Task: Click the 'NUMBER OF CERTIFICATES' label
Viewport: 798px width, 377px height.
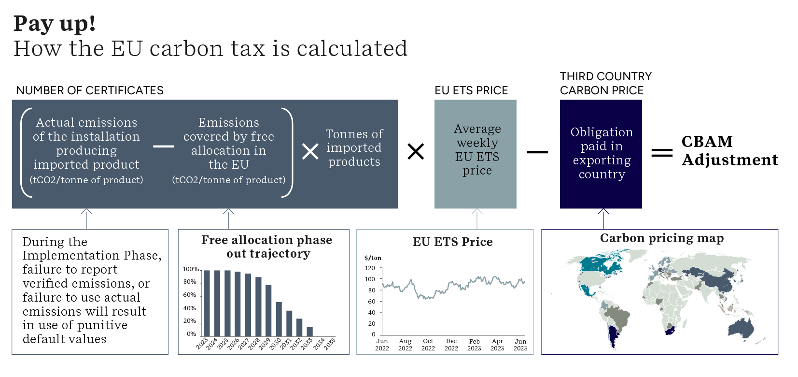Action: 90,90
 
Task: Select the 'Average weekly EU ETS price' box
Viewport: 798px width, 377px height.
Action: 476,154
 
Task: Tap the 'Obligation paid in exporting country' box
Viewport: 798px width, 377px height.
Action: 601,154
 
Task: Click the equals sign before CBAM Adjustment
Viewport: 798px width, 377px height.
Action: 662,153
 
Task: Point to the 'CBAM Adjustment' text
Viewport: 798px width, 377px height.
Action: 729,151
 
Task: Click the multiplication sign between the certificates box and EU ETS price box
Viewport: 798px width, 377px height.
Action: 416,151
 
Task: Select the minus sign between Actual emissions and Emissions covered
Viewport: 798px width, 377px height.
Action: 164,146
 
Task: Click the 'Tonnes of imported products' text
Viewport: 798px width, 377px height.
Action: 354,148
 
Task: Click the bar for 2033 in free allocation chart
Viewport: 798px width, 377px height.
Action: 310,332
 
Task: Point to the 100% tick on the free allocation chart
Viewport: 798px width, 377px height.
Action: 191,269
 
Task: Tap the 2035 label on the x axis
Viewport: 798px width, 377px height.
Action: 330,344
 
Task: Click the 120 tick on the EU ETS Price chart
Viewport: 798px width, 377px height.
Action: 370,268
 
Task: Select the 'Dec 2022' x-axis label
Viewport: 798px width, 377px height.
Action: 451,345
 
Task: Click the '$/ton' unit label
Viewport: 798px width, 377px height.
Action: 373,258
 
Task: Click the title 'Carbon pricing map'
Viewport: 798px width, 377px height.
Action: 661,238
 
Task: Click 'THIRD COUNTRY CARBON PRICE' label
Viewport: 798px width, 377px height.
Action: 605,83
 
